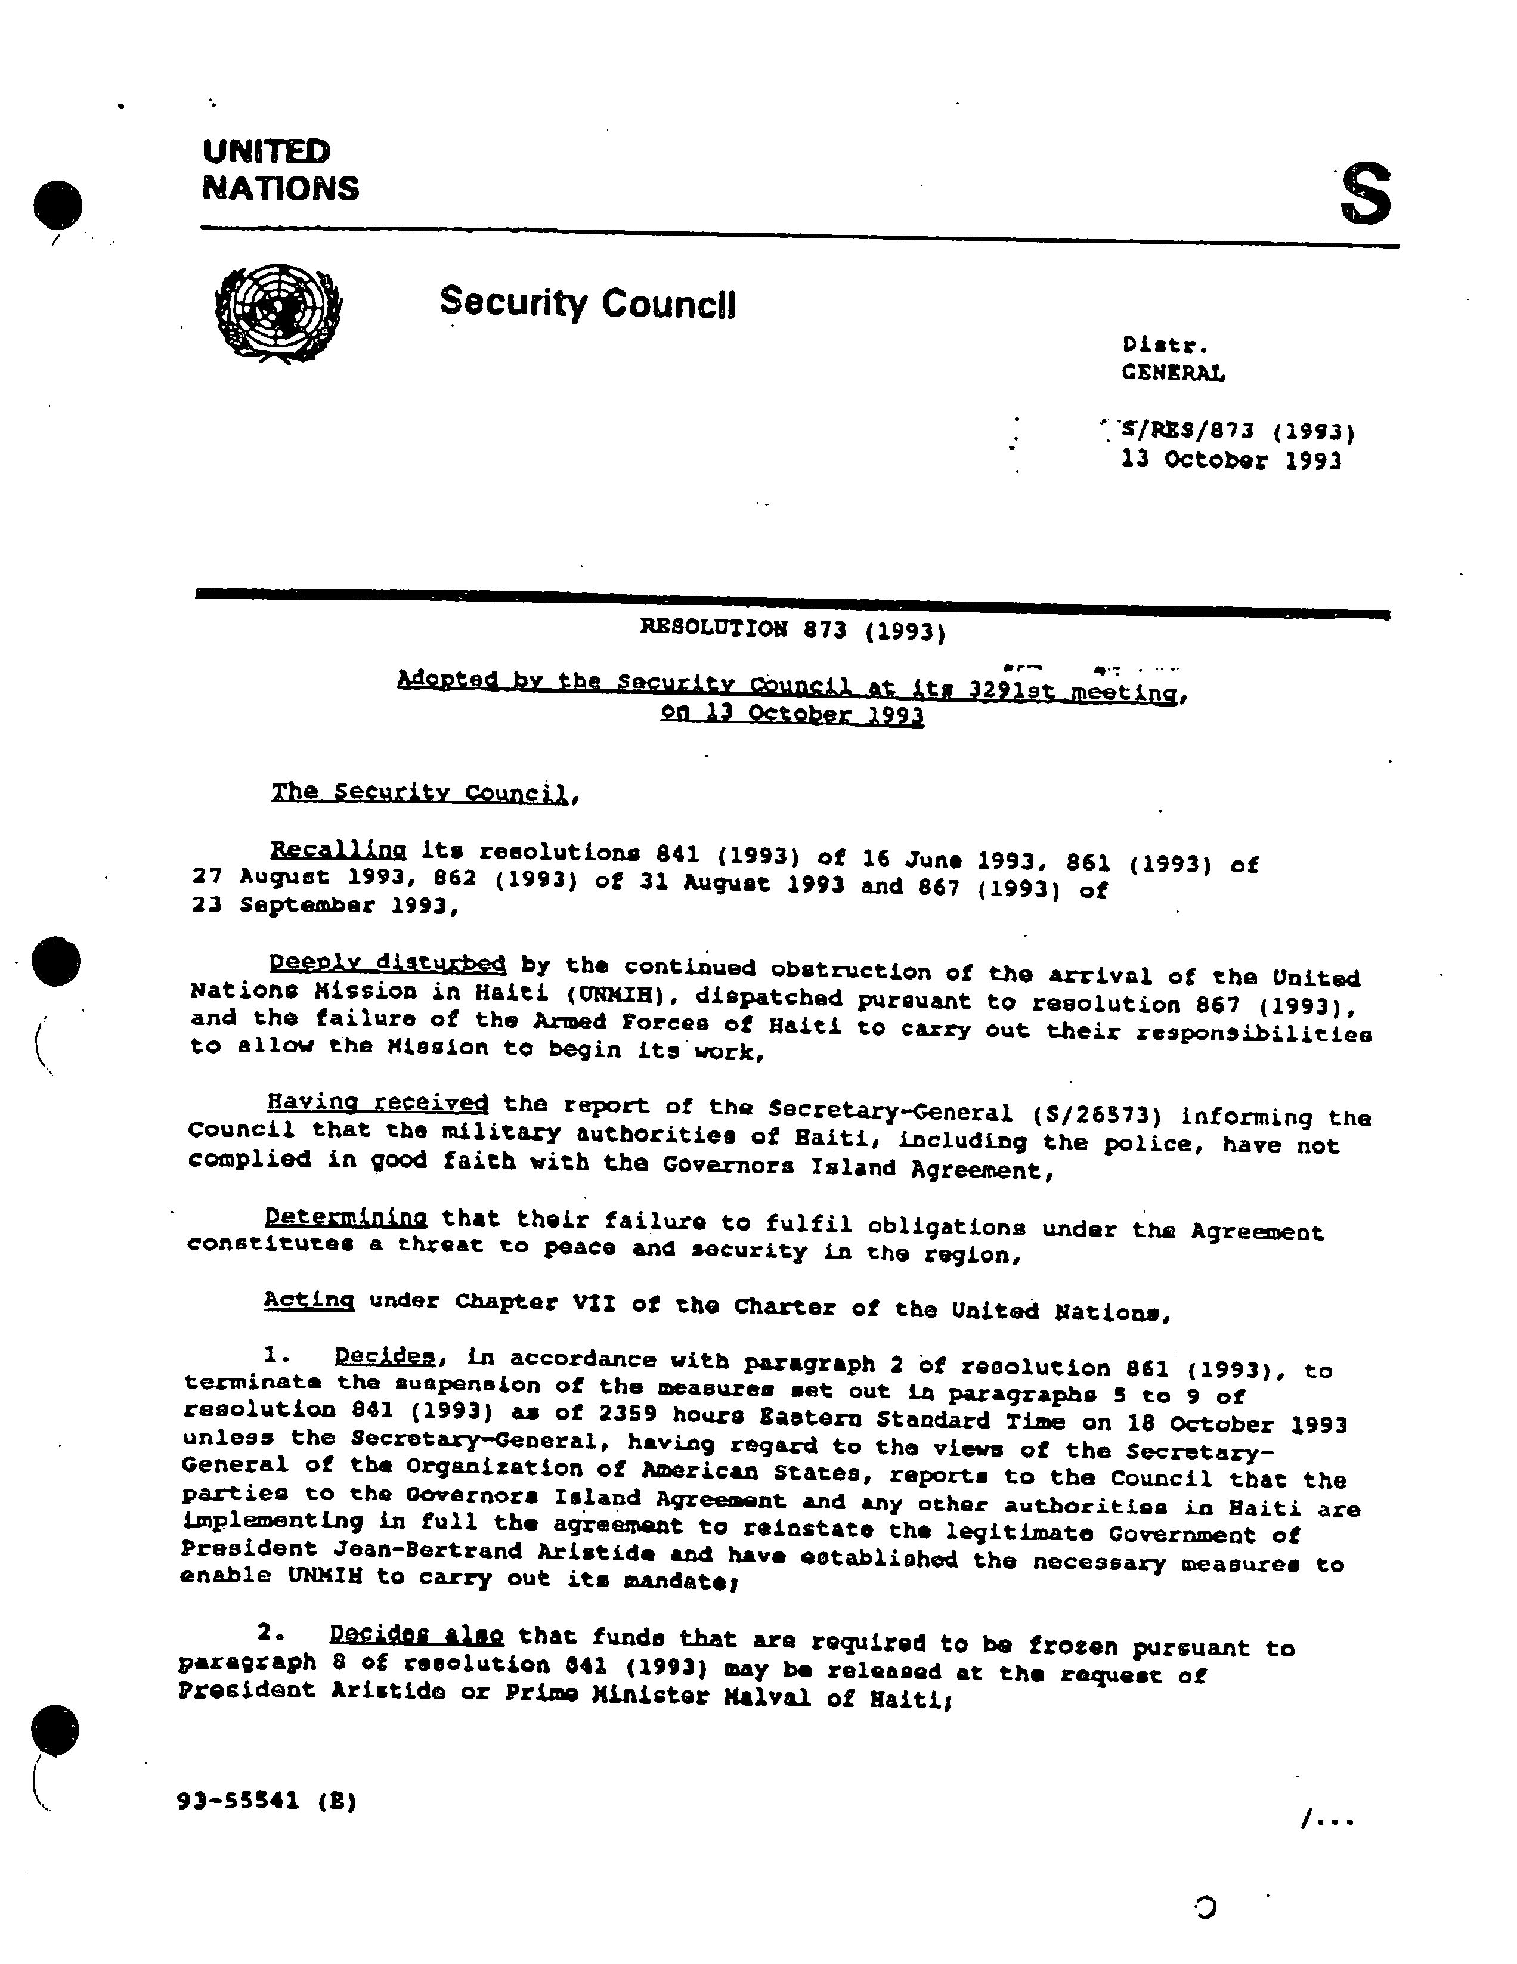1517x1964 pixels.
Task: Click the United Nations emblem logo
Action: point(278,313)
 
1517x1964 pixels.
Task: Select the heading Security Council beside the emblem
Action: point(587,302)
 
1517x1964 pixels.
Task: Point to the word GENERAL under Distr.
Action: point(1172,372)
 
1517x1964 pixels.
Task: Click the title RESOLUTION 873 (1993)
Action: point(792,630)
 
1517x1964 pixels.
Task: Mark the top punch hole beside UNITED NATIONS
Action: point(58,204)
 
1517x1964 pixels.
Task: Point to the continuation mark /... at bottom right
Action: point(1326,1821)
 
